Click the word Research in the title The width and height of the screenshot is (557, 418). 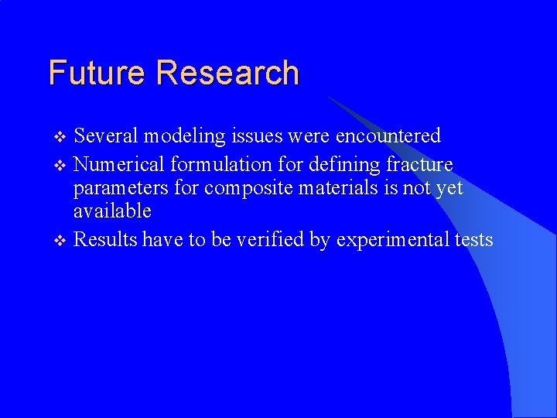(227, 73)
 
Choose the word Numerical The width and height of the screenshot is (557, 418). (119, 164)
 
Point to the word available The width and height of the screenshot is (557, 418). (112, 211)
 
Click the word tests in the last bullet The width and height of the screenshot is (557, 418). (473, 240)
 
